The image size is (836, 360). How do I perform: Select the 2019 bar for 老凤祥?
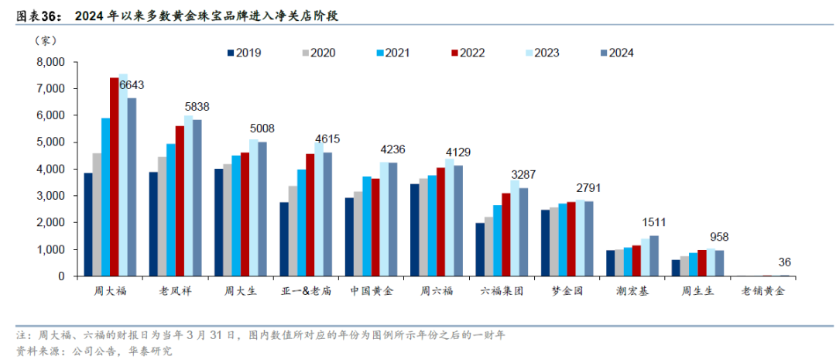point(154,224)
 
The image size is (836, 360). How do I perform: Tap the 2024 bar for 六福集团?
point(523,231)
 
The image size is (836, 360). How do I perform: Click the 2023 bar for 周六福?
point(450,218)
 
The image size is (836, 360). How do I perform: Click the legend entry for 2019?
point(243,53)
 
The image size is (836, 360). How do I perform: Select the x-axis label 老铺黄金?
point(763,292)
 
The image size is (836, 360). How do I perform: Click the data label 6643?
point(132,85)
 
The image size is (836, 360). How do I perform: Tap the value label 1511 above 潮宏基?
point(654,223)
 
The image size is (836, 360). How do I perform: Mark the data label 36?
point(785,262)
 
